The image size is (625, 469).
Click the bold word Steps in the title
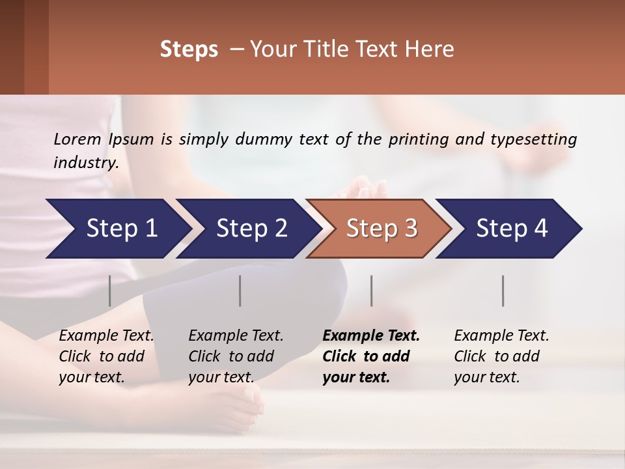pyautogui.click(x=189, y=50)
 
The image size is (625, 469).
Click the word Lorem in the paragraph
pyautogui.click(x=77, y=139)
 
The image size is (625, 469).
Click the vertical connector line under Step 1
pyautogui.click(x=110, y=291)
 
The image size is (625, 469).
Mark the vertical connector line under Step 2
pyautogui.click(x=240, y=291)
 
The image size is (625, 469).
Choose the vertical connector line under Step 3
pyautogui.click(x=372, y=291)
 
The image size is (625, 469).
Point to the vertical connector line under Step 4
pyautogui.click(x=503, y=291)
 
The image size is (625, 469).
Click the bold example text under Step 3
pyautogui.click(x=370, y=356)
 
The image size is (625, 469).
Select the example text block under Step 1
pyautogui.click(x=105, y=356)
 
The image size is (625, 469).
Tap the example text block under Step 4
pyautogui.click(x=501, y=356)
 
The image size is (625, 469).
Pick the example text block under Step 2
pyautogui.click(x=235, y=356)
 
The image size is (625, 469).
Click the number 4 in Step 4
pyautogui.click(x=541, y=229)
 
